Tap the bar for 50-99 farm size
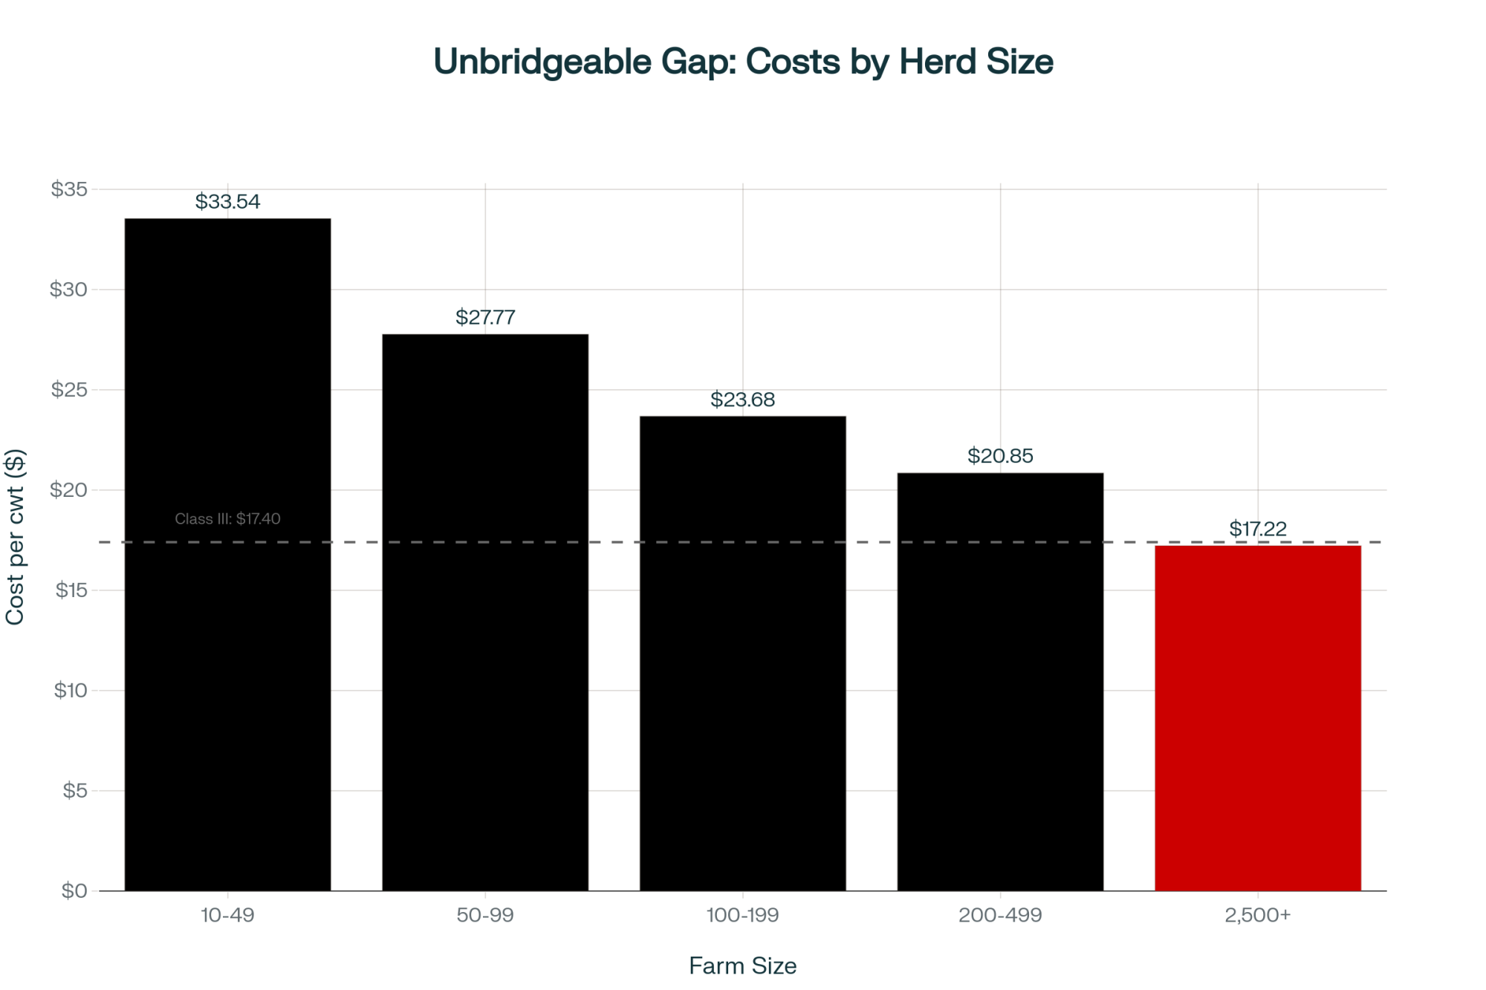(x=485, y=612)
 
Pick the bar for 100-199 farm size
(x=742, y=653)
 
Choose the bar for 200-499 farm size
(x=1000, y=681)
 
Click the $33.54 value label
(x=227, y=201)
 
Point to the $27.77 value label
(x=485, y=317)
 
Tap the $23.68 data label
(x=742, y=400)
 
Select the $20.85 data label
(x=1000, y=456)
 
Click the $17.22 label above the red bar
(x=1257, y=529)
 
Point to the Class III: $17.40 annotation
(x=227, y=518)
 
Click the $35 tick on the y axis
(x=69, y=189)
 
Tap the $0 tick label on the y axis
(x=74, y=890)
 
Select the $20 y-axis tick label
(x=69, y=490)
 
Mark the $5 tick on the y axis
(x=75, y=790)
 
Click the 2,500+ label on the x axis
(x=1257, y=915)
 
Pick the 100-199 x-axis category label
(x=742, y=915)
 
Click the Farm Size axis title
(x=742, y=965)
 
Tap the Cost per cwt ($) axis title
(x=16, y=536)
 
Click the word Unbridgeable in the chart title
(x=542, y=62)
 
